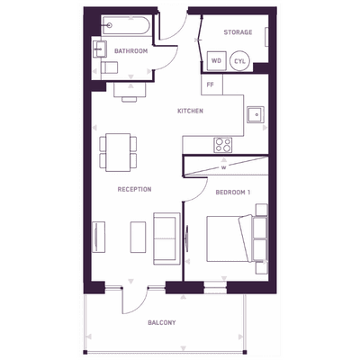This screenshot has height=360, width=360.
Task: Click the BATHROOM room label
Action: point(130,51)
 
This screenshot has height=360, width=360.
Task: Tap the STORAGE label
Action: point(238,32)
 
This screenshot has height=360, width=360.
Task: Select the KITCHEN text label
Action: point(190,111)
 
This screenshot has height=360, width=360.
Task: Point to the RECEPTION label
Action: point(134,189)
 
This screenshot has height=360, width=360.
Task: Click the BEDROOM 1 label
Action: point(233,193)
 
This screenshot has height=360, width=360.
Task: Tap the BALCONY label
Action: point(162,323)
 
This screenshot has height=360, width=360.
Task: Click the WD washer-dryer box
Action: point(216,61)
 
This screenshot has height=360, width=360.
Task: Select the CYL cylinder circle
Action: point(239,61)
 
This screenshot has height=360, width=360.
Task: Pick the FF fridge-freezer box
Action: point(211,85)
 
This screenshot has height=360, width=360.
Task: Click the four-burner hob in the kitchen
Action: point(223,145)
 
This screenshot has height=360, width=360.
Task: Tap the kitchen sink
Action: point(256,114)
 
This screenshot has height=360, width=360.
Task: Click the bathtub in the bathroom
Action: point(126,25)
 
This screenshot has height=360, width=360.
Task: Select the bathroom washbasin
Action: point(100,49)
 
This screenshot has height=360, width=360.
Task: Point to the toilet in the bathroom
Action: point(109,67)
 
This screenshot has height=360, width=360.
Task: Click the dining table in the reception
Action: point(118,152)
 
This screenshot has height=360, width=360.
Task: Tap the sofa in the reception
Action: point(166,238)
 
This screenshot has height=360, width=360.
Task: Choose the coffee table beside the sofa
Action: point(138,237)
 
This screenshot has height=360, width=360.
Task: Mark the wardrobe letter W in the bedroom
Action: point(223,168)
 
